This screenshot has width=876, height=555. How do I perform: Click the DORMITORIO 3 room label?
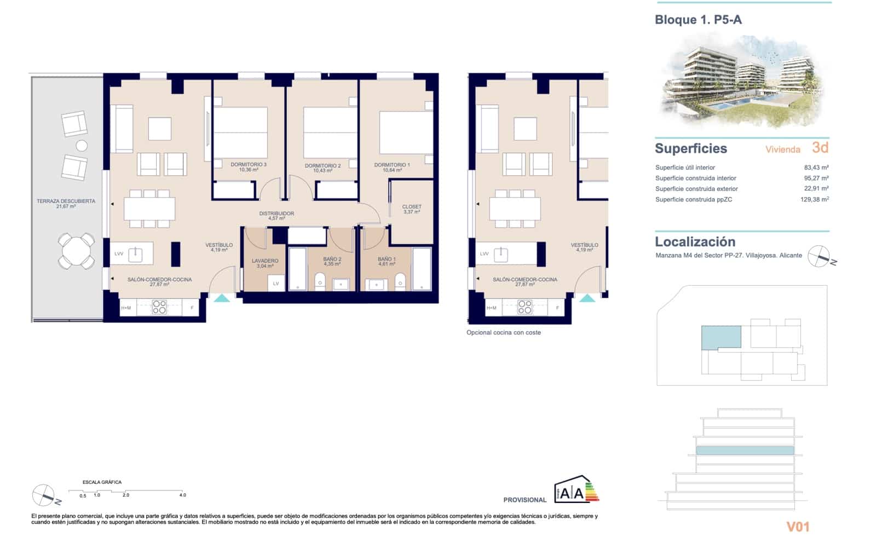(x=248, y=165)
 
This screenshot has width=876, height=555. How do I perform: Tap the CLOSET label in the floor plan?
(x=412, y=207)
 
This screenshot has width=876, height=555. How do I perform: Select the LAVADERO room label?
(x=265, y=261)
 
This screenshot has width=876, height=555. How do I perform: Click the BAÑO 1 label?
(x=387, y=259)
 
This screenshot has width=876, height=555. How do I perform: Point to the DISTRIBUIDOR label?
(x=276, y=214)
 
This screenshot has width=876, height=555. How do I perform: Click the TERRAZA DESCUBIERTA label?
(x=66, y=201)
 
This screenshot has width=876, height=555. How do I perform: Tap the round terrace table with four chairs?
(x=77, y=251)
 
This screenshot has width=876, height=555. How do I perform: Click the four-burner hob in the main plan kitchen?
(x=159, y=307)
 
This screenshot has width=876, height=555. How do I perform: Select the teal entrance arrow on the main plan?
(x=222, y=298)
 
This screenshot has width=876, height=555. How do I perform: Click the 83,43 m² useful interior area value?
(x=816, y=168)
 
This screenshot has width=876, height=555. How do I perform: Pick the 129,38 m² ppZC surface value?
(x=814, y=200)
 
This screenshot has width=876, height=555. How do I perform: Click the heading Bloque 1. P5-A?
(x=698, y=20)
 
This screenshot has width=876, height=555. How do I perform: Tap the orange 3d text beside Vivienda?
(x=820, y=148)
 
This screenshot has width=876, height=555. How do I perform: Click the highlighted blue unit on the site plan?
(x=721, y=337)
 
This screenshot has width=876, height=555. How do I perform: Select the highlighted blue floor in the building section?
(x=745, y=450)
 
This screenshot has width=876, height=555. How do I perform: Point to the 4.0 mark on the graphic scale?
(x=182, y=495)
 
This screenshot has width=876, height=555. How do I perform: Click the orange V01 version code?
(x=798, y=527)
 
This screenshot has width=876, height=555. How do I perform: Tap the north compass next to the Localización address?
(x=820, y=256)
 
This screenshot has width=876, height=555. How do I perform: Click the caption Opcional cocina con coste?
(x=503, y=333)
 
